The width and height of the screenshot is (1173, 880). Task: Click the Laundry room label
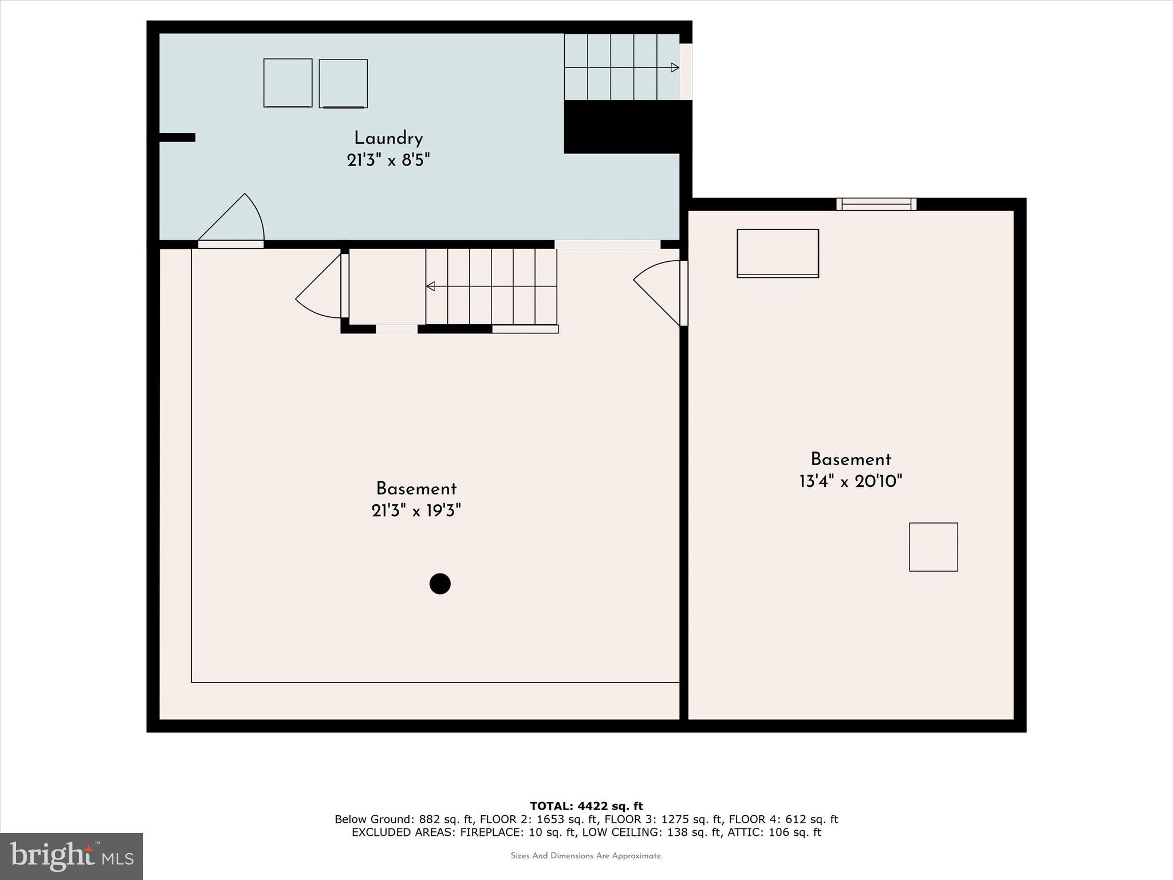point(388,138)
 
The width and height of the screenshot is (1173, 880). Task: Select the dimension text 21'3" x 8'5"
point(388,160)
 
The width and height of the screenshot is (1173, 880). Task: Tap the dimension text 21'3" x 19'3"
point(416,510)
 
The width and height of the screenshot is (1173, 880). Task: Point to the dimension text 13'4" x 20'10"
point(851,481)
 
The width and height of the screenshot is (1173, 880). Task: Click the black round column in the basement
point(440,584)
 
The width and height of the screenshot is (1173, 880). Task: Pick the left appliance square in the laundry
point(288,83)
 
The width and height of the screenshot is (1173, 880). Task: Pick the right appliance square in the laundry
point(343,84)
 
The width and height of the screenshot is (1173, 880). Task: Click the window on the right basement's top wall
point(876,204)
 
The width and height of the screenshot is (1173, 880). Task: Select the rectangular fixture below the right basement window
point(778,253)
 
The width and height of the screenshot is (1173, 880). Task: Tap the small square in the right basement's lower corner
point(933,547)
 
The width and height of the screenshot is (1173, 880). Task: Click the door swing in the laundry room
point(235,221)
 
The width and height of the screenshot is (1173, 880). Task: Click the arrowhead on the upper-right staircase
point(675,68)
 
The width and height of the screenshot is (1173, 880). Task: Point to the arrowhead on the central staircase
point(430,286)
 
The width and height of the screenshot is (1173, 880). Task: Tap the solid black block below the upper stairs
point(627,127)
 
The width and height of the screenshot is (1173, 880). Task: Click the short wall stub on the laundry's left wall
point(177,137)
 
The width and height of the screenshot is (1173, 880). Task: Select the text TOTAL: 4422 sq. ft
point(586,806)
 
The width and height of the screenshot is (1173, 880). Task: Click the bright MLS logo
point(72,856)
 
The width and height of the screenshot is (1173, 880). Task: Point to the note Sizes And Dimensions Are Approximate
point(586,856)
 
